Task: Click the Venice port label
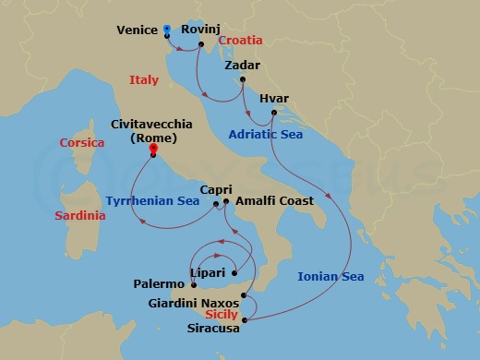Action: click(137, 30)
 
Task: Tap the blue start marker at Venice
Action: click(166, 29)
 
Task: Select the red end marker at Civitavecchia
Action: click(152, 148)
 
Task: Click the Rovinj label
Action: click(199, 30)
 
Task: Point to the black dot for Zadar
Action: click(242, 79)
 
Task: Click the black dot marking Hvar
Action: click(274, 113)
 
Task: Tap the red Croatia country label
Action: click(240, 41)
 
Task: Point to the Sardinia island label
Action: click(80, 215)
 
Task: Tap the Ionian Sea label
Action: click(330, 276)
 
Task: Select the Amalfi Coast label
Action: click(275, 199)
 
